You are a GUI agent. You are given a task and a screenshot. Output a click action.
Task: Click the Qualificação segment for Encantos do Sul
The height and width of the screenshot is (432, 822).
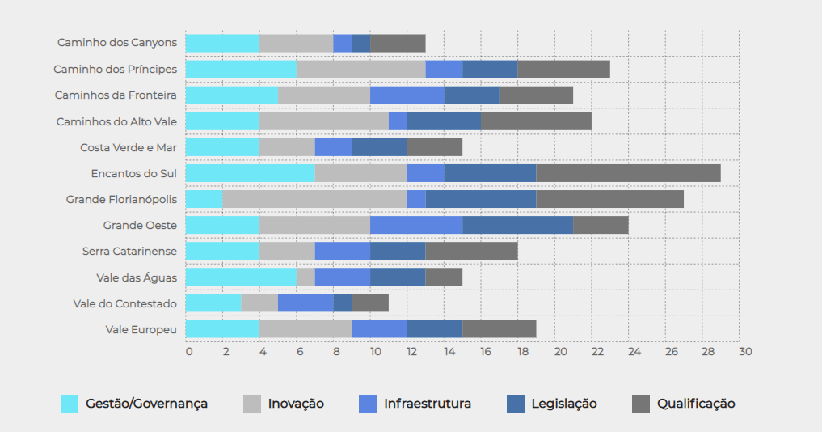tap(628, 173)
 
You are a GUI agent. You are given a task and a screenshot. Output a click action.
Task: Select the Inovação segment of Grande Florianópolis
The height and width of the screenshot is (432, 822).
tap(314, 199)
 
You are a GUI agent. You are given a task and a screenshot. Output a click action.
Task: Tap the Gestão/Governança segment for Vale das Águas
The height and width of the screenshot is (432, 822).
tap(241, 277)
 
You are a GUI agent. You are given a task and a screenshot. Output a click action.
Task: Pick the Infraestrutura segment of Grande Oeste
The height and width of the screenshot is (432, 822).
tap(416, 225)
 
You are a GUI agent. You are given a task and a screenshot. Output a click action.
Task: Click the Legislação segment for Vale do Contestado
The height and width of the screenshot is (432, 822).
tap(343, 303)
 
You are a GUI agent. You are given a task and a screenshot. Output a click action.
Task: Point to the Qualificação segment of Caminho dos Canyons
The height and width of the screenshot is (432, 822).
tap(398, 44)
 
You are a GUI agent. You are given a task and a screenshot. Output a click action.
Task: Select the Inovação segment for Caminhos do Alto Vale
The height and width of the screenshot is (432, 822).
tap(324, 121)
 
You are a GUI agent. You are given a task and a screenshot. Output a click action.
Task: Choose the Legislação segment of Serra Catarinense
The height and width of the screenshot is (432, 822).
tap(398, 251)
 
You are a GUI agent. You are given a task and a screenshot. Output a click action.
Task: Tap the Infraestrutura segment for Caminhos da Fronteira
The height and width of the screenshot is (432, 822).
tap(407, 95)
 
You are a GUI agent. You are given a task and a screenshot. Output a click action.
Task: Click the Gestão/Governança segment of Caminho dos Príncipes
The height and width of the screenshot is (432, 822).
tap(241, 70)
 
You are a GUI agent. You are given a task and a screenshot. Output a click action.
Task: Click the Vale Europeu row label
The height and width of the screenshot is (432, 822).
tap(141, 329)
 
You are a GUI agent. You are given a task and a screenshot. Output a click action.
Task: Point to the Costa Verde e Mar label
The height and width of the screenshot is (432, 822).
tap(128, 147)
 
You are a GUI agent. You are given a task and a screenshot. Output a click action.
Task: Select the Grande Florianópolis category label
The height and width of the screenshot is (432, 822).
tap(121, 199)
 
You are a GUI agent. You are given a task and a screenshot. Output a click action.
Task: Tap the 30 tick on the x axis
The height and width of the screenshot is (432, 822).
tap(744, 352)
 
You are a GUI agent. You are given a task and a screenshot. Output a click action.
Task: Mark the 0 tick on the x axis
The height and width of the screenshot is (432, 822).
tap(188, 352)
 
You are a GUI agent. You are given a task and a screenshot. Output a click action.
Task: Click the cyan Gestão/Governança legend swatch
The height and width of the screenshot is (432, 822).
tap(70, 404)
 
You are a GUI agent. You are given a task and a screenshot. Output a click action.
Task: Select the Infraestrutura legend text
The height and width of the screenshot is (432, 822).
tap(428, 404)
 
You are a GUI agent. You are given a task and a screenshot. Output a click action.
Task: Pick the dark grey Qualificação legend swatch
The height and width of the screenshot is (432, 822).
tap(640, 404)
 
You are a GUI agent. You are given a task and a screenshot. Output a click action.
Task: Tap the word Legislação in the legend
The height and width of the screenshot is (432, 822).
tap(564, 404)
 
